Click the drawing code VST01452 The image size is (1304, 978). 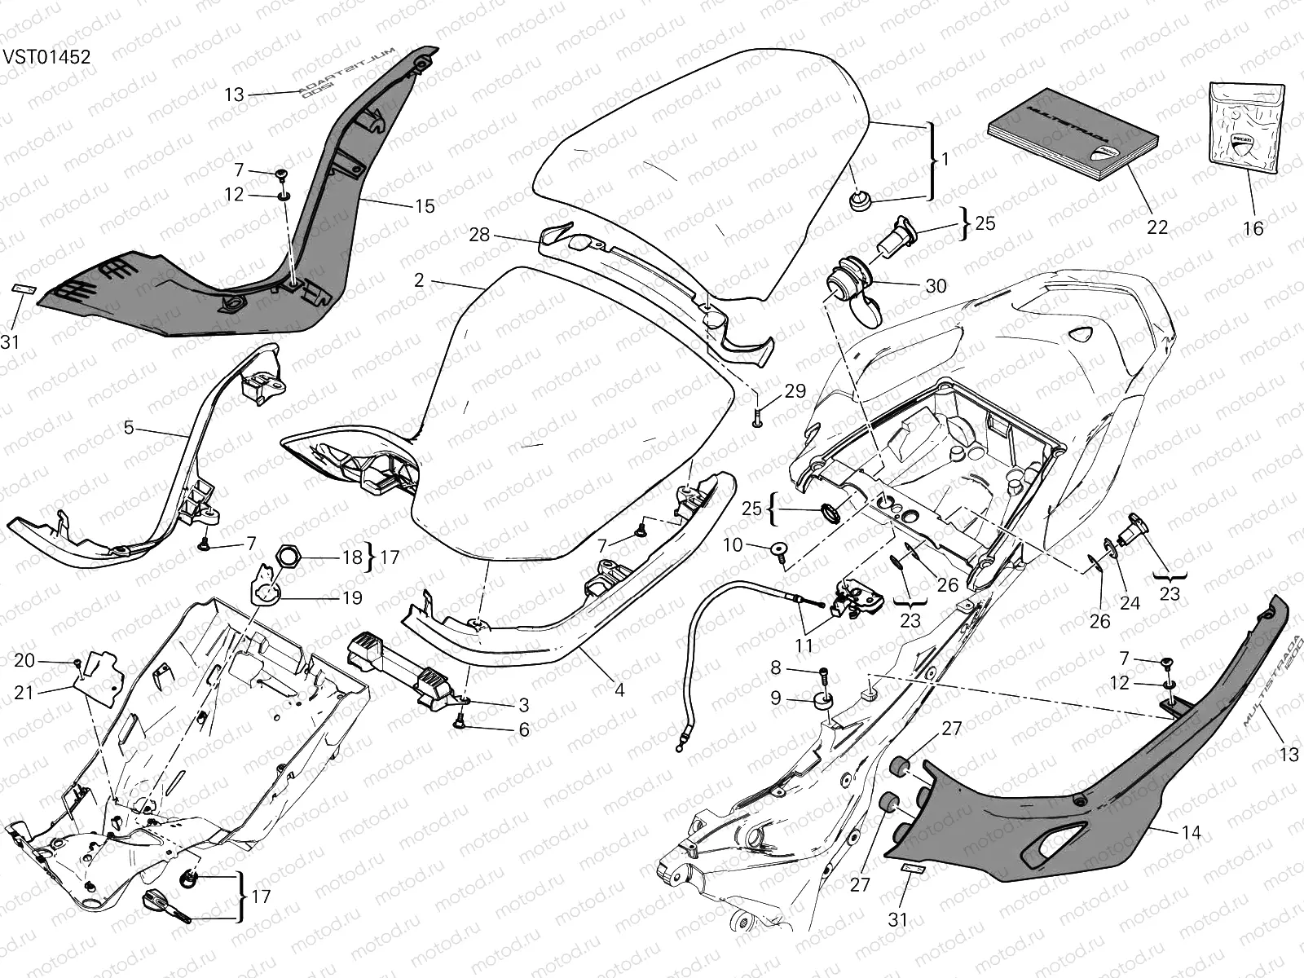click(x=46, y=57)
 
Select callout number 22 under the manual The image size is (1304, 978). click(x=1157, y=227)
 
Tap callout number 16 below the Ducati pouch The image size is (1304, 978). click(x=1253, y=228)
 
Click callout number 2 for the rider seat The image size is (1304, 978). click(x=419, y=280)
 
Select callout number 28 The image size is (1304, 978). click(x=479, y=235)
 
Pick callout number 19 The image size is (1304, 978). click(x=352, y=598)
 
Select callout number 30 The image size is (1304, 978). click(x=936, y=285)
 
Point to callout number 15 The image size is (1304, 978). click(x=425, y=206)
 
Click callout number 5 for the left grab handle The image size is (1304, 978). click(x=129, y=427)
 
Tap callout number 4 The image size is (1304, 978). click(x=619, y=690)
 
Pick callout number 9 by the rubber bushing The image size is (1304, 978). click(x=775, y=698)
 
